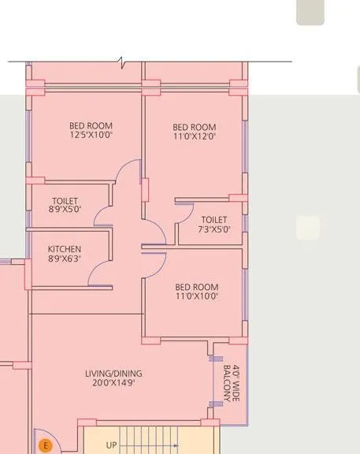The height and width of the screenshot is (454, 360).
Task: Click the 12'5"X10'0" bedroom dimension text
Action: (91, 136)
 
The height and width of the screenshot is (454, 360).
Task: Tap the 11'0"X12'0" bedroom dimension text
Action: (195, 136)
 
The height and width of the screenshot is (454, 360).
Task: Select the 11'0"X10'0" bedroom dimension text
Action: (197, 297)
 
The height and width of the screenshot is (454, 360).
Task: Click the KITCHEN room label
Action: (64, 249)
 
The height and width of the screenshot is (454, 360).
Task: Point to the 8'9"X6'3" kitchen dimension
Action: (65, 259)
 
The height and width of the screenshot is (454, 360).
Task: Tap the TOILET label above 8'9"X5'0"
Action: (65, 201)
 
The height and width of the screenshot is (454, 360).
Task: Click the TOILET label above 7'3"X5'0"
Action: (214, 220)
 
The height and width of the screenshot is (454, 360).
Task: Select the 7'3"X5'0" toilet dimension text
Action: (214, 230)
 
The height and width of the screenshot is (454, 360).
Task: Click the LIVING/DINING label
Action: (114, 373)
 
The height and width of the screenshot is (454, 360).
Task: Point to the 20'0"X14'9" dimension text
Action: (115, 383)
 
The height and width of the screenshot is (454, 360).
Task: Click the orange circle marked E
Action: (46, 446)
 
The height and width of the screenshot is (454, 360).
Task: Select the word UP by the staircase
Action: (111, 445)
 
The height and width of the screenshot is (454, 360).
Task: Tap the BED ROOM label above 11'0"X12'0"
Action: (195, 127)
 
